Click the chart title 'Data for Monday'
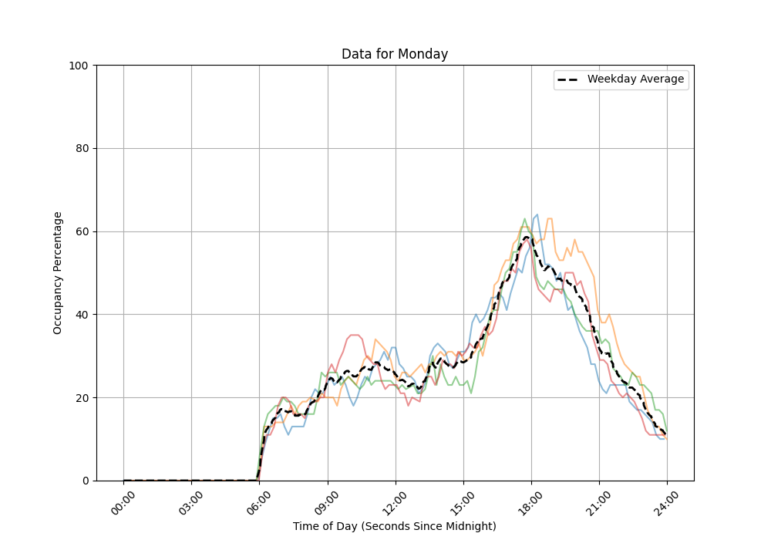(x=395, y=54)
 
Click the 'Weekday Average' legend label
(x=635, y=79)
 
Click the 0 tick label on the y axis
(x=85, y=481)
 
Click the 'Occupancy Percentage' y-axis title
(x=58, y=272)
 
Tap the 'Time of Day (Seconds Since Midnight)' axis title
(x=395, y=526)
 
